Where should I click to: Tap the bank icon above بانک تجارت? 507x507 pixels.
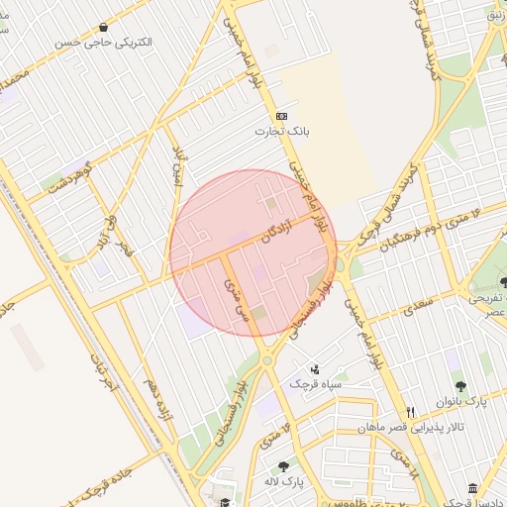(281, 115)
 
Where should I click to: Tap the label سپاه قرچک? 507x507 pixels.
(315, 383)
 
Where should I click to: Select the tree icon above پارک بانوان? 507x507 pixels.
(460, 385)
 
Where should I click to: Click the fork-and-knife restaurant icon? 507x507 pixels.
(410, 412)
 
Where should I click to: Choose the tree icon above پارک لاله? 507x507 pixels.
(284, 465)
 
